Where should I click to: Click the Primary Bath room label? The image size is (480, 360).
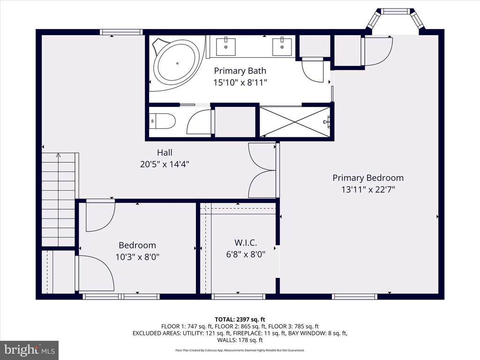point(240,71)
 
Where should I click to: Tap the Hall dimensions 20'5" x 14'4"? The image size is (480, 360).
point(165,165)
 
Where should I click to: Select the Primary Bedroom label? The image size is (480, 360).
point(368,178)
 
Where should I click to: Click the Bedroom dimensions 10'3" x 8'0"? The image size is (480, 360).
point(137,257)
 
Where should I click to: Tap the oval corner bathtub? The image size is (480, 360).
point(177,63)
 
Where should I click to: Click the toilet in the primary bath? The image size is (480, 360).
point(162,121)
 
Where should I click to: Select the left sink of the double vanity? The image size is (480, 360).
point(226,47)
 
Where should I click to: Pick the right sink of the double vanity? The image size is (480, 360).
point(282,47)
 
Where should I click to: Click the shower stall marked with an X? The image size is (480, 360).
point(295,121)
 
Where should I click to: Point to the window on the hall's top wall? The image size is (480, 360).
point(121,32)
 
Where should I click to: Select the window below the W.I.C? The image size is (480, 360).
point(238,296)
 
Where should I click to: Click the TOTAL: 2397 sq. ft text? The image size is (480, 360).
point(240,320)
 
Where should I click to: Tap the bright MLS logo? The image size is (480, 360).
point(30,350)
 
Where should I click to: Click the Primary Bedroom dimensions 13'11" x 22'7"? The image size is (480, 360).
point(368,190)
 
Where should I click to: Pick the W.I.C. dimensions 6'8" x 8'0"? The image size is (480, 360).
point(246,255)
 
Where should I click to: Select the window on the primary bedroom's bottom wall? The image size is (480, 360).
point(354,296)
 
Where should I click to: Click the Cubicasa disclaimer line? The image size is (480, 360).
point(240,350)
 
